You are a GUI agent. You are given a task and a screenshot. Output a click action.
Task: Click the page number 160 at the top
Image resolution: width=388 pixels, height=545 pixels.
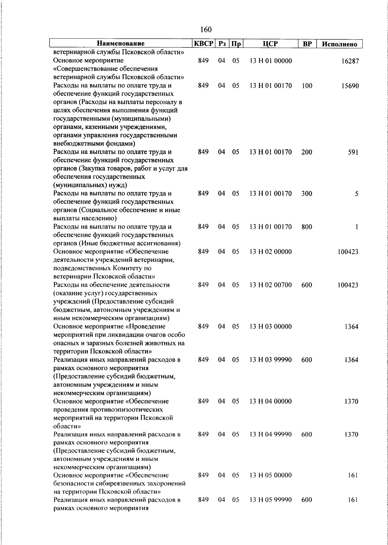coord(206,30)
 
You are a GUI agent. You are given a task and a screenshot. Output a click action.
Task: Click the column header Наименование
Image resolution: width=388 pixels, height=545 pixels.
coord(121,44)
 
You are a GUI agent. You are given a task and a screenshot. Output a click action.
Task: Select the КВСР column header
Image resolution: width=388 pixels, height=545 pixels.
coord(203,44)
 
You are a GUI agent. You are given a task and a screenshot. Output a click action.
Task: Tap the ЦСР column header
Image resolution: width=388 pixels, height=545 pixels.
coord(270,44)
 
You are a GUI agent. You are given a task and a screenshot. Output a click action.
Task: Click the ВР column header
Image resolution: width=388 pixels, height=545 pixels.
coord(307,44)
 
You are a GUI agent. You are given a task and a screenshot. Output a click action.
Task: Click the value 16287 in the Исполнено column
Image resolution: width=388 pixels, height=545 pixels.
coord(350,61)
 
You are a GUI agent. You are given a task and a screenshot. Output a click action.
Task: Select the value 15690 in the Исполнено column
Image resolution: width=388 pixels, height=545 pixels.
coord(350,86)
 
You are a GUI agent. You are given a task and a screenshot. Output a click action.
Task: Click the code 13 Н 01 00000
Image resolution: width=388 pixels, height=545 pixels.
coord(271,61)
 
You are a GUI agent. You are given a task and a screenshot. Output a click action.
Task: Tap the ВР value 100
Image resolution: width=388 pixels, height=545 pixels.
coord(307,86)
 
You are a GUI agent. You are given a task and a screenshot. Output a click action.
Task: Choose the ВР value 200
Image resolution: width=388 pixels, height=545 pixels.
coord(307,152)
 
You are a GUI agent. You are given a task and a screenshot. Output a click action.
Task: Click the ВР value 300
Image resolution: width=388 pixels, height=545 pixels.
coord(307,194)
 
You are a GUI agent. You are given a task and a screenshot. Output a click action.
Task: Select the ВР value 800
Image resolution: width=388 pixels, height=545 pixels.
coord(307,227)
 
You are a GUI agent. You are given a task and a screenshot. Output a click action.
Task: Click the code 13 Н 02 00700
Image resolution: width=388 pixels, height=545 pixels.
coord(271,285)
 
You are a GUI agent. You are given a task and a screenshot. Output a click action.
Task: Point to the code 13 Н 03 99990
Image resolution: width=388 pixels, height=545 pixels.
coord(271,360)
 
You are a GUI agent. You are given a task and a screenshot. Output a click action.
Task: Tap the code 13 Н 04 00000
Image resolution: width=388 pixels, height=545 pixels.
coord(271,401)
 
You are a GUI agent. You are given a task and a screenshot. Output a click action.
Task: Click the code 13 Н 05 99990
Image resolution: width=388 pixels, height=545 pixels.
coord(271,500)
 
